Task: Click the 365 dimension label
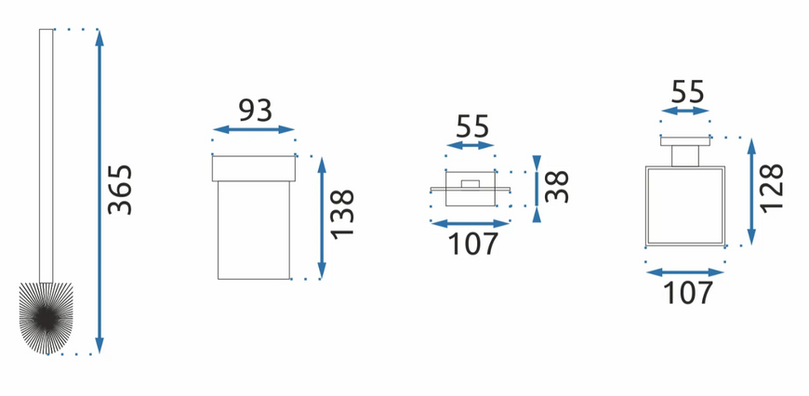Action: (x=120, y=190)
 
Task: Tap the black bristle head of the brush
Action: (x=46, y=318)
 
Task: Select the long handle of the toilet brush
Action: (x=46, y=156)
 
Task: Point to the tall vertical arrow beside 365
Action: (x=99, y=191)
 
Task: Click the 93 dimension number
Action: (x=255, y=110)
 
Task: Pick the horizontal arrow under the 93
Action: (x=253, y=129)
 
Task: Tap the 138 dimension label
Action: (x=342, y=214)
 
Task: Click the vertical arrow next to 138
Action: (x=322, y=218)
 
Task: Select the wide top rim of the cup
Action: (x=253, y=168)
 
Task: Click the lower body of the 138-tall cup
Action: (x=253, y=231)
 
